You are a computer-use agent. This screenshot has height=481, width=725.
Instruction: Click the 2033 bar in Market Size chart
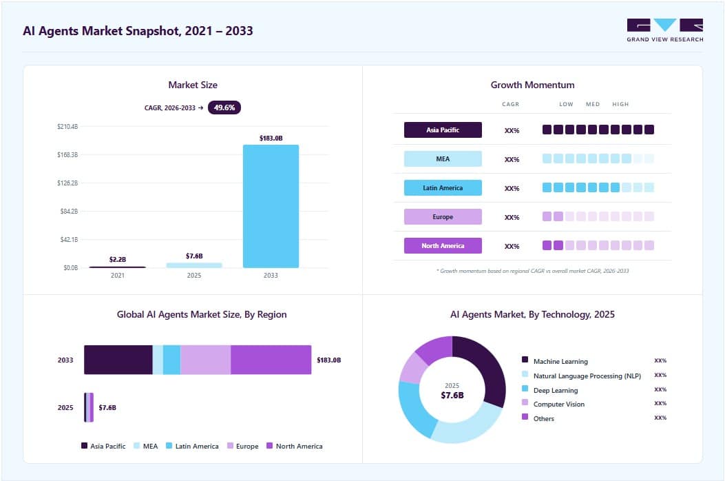[271, 206]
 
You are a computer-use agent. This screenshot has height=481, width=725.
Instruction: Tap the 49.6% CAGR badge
[224, 108]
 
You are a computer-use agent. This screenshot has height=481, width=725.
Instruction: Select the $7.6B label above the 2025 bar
[194, 256]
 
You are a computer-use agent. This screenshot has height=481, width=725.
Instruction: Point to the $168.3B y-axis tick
[67, 154]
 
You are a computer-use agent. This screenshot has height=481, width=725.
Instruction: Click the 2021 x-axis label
[118, 276]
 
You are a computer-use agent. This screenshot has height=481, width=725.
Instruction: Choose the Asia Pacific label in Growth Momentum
[443, 130]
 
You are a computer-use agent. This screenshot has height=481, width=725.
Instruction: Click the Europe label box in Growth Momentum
[443, 216]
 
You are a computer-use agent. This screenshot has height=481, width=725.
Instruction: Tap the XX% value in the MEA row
[512, 159]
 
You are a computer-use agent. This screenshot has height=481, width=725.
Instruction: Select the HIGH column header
[620, 104]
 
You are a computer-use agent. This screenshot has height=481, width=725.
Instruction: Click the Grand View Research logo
[665, 30]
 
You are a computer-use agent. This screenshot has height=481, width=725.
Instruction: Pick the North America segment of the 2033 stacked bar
[271, 360]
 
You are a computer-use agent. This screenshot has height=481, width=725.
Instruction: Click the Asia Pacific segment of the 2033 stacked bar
[118, 360]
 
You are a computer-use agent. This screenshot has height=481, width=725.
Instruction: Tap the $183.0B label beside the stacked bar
[328, 360]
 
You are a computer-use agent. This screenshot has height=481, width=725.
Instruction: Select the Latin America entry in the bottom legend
[192, 447]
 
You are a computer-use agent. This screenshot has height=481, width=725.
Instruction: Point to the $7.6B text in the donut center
[452, 396]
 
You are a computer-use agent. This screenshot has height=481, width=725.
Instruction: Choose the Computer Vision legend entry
[554, 404]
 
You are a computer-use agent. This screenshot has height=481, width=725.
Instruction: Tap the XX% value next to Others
[660, 418]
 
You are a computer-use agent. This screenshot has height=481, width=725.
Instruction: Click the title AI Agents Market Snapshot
[138, 31]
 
